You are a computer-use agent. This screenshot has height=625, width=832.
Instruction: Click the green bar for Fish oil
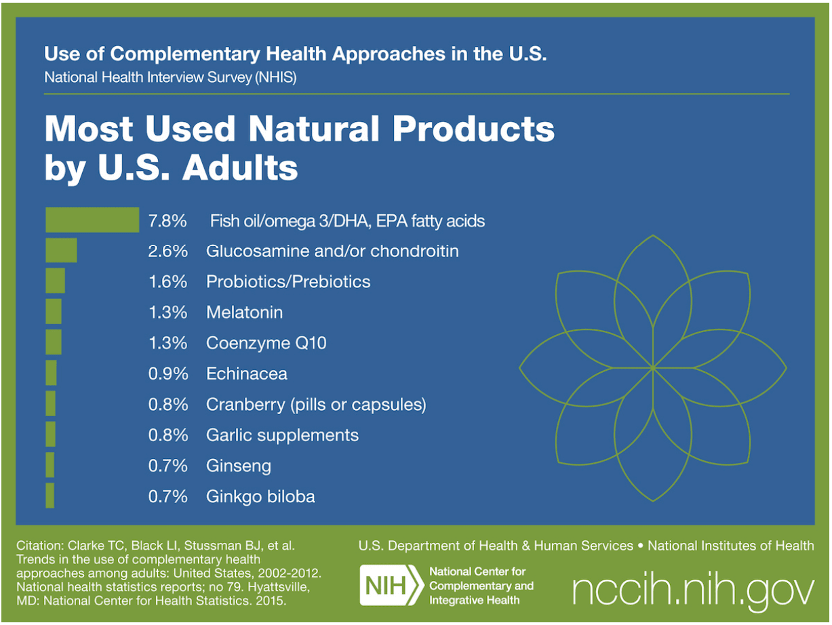[92, 220]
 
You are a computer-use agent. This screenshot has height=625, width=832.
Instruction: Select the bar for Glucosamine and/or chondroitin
[61, 250]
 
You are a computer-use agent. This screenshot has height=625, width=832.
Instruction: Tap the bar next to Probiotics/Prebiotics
[55, 281]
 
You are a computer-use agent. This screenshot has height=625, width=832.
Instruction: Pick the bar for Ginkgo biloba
[49, 496]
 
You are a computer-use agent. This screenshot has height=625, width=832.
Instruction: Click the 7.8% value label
[167, 220]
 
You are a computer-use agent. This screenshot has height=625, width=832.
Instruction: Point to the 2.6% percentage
[167, 251]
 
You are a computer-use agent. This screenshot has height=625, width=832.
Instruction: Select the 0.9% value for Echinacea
[167, 374]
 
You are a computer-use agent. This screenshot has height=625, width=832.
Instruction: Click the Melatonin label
[244, 312]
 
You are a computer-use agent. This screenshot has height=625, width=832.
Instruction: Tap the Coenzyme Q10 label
[266, 343]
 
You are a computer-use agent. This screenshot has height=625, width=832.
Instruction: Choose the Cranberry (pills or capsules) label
[316, 405]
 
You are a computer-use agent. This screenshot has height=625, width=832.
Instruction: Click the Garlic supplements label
[282, 435]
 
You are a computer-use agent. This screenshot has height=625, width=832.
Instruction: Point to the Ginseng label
[239, 466]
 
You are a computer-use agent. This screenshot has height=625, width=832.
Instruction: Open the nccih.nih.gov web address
[693, 590]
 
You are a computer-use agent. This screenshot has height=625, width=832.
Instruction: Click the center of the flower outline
[653, 368]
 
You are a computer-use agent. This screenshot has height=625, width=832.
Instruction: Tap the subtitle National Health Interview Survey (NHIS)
[170, 77]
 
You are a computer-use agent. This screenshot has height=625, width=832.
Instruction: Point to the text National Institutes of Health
[731, 546]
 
